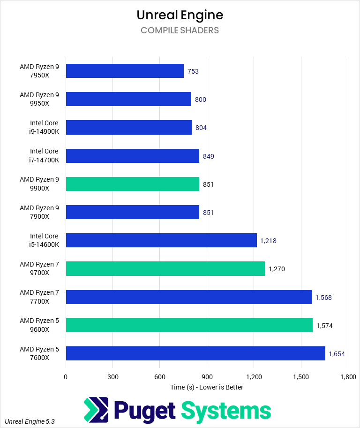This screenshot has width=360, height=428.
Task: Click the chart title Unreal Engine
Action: point(180,15)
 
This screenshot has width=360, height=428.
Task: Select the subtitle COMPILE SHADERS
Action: point(180,31)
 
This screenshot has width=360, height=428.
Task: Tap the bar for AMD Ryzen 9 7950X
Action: point(125,71)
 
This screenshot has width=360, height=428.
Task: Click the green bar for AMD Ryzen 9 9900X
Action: point(133,184)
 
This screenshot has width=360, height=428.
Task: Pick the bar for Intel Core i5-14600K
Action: point(161,240)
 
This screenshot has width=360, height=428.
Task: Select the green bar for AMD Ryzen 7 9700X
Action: point(165,269)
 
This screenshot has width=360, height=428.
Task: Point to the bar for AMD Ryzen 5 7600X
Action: point(195,353)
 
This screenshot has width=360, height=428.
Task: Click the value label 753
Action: point(193,71)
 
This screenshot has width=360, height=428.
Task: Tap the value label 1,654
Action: point(337,354)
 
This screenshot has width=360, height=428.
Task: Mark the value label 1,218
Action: point(269,241)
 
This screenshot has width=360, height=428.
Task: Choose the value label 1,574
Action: point(324,326)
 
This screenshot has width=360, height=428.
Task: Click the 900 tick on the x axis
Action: point(207,377)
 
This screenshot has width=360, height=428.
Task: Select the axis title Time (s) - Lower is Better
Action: point(207,387)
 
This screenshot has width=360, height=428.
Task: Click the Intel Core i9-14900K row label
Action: point(44,127)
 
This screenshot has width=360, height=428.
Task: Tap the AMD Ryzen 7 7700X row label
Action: point(39,297)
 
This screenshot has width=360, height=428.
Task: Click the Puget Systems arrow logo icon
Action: point(96,410)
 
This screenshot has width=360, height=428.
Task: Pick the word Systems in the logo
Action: point(226,411)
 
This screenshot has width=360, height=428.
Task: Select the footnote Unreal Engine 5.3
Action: point(30,421)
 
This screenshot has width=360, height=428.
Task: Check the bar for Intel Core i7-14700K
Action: point(133,156)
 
